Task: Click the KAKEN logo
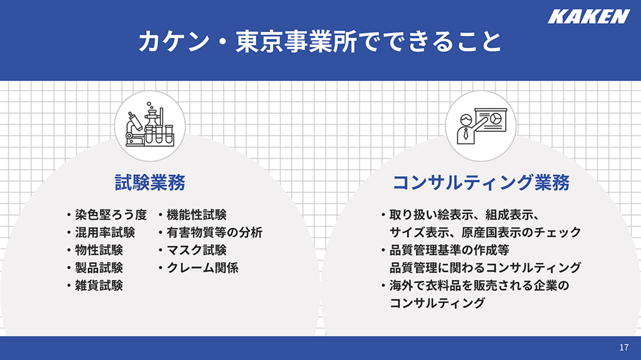tap(588, 17)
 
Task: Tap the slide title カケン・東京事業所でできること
tap(320, 42)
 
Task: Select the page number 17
tap(624, 347)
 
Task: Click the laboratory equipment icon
tap(149, 125)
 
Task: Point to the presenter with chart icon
tap(481, 126)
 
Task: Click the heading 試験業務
tap(150, 183)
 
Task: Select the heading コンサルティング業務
tap(481, 183)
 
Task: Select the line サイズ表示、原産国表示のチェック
tap(485, 233)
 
